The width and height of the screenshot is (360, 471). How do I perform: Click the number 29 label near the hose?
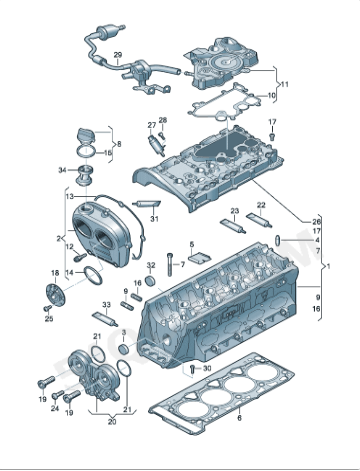tap(117, 54)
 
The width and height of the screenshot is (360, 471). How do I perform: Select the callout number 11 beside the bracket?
tap(284, 85)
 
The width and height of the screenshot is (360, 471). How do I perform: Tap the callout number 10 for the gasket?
tap(272, 96)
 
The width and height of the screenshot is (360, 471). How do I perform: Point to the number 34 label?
tap(62, 170)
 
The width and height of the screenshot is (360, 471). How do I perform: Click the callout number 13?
tap(69, 197)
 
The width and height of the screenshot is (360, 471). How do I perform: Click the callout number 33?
tap(106, 302)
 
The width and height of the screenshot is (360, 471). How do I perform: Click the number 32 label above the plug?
tap(152, 265)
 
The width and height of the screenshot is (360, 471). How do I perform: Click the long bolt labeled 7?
tap(171, 264)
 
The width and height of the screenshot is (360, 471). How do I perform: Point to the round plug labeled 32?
tap(152, 282)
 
